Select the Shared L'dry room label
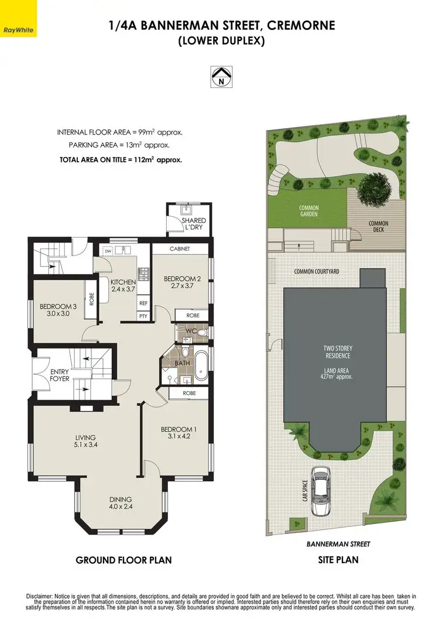193,224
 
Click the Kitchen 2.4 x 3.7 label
123,286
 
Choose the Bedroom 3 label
58,310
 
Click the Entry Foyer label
59,375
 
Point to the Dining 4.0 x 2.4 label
121,503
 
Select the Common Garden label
308,211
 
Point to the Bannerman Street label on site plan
338,544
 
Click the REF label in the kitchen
143,303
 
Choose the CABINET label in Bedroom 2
180,249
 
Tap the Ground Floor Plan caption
124,560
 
